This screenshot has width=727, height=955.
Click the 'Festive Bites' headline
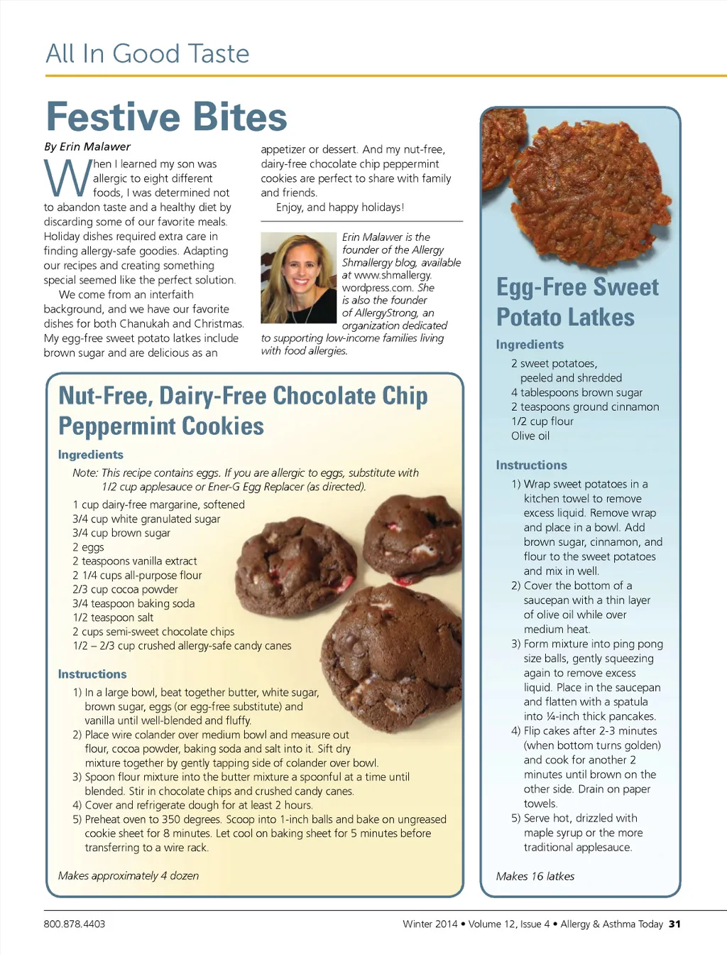coord(166,117)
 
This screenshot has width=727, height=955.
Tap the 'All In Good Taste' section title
coord(148,54)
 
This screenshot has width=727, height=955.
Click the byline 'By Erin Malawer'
coord(87,147)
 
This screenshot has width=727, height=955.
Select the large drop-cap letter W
coord(67,178)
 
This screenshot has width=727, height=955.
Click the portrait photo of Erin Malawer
coord(298,278)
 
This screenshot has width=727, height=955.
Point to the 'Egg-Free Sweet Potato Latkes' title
coord(577,302)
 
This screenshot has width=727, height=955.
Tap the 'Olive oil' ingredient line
coord(530,436)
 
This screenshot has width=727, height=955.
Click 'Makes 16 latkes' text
coord(535,876)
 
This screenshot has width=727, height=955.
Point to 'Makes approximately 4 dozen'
coord(129,875)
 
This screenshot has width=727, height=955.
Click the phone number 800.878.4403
coord(75,924)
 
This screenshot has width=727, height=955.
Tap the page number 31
coord(674,924)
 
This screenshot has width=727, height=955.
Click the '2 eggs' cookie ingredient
coord(88,547)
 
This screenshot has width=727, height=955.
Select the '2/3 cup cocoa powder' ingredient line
coord(125,589)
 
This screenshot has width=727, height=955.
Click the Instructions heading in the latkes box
coord(532,465)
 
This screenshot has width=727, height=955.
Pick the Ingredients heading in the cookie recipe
coord(91,455)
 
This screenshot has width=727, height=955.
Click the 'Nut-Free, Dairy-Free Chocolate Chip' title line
coord(243,396)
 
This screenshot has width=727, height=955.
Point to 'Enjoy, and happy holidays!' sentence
coord(340,207)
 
